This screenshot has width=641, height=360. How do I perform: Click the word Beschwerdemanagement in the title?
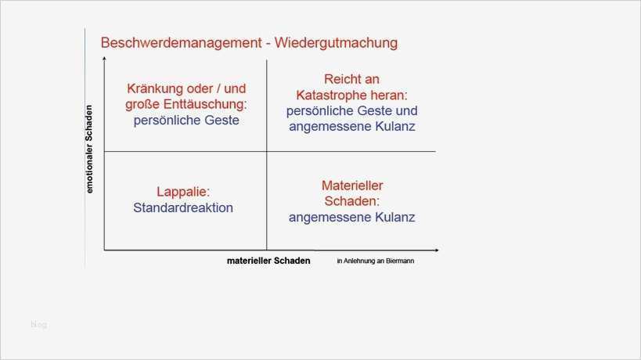click(x=181, y=41)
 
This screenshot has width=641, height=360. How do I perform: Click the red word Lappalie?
click(x=183, y=192)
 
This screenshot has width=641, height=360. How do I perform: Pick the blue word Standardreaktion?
click(x=183, y=208)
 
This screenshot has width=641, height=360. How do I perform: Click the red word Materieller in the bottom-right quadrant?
click(x=351, y=185)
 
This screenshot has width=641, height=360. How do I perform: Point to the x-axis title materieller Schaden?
click(x=268, y=261)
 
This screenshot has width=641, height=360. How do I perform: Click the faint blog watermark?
click(x=39, y=324)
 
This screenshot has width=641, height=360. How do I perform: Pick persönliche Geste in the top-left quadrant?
click(x=186, y=121)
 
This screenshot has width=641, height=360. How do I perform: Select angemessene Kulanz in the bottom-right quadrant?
click(x=351, y=218)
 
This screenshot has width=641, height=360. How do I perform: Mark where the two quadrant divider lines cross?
click(x=267, y=151)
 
